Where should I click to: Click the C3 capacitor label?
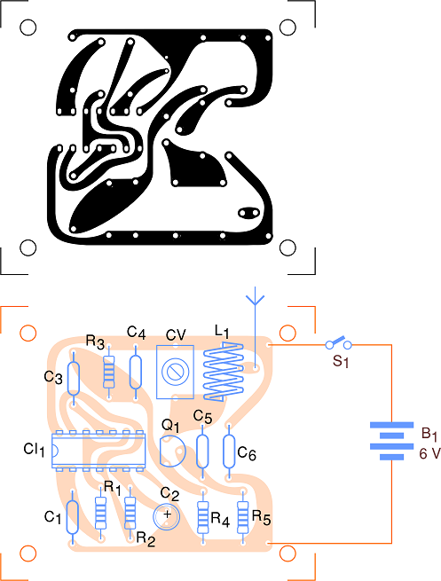53,378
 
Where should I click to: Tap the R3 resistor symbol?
108,372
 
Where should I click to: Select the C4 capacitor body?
135,372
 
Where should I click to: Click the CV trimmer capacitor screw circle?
175,372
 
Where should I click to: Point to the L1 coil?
223,372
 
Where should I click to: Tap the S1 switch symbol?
338,343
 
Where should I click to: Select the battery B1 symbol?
391,441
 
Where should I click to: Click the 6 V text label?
429,453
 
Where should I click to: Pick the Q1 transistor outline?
172,451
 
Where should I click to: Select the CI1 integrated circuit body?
98,451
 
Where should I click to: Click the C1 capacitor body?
72,517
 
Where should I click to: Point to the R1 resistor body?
100,513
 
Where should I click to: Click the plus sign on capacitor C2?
168,514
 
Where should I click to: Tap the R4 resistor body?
202,517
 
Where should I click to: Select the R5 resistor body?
243,517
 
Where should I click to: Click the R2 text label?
146,539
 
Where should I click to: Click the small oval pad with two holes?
248,213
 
